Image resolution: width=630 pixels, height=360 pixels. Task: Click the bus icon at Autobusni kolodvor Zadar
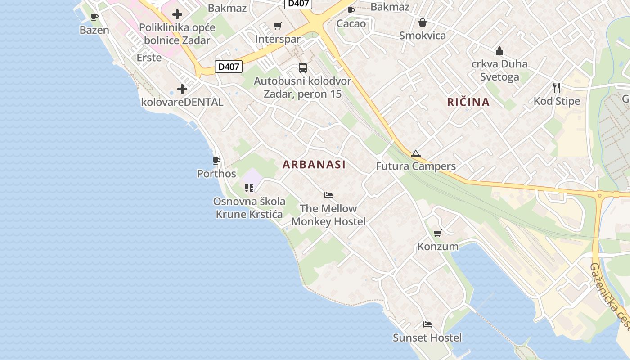(x=303, y=68)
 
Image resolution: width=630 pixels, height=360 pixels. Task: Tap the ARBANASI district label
(x=314, y=165)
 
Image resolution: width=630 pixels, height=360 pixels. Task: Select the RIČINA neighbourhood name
(x=468, y=102)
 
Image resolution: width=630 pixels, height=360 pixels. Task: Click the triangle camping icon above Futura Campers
(x=415, y=154)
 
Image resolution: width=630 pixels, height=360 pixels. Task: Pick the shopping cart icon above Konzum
(x=437, y=233)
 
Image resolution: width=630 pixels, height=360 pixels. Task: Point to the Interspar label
(x=278, y=39)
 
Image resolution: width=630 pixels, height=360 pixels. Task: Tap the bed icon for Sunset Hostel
(x=427, y=324)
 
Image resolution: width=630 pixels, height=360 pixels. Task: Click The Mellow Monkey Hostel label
(x=328, y=215)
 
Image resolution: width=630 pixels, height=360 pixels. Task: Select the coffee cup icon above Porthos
(x=216, y=161)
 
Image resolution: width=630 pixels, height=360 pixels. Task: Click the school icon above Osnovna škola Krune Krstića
(x=249, y=188)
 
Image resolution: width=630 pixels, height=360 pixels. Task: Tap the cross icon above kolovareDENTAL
(x=182, y=89)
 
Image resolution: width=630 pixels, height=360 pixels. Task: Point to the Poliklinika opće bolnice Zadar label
(x=177, y=34)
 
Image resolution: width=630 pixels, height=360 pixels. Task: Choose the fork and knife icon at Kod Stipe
(x=557, y=87)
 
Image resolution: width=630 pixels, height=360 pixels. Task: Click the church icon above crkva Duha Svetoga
(x=499, y=50)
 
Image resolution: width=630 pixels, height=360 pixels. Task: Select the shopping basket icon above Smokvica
(x=422, y=22)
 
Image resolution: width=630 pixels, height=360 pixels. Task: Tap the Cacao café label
(x=351, y=23)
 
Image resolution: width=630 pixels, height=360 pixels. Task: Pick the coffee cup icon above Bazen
(x=94, y=17)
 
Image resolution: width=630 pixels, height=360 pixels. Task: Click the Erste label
(x=149, y=58)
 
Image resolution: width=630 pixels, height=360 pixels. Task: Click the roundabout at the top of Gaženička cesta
(x=599, y=195)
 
